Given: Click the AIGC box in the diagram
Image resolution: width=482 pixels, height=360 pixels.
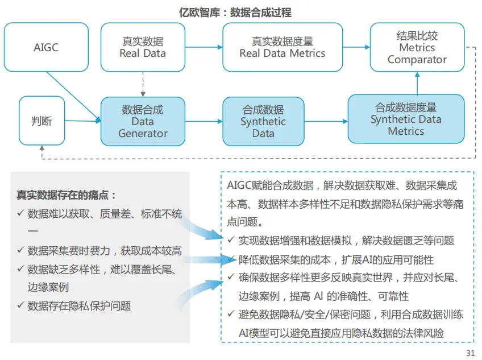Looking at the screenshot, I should pyautogui.click(x=46, y=47).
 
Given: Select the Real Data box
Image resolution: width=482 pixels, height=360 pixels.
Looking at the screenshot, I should pyautogui.click(x=143, y=47).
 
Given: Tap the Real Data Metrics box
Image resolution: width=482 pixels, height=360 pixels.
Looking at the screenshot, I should pyautogui.click(x=282, y=47).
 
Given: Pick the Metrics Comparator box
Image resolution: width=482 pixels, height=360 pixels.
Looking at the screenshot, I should pyautogui.click(x=417, y=47).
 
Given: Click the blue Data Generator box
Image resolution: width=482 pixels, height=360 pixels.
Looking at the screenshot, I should pyautogui.click(x=143, y=121).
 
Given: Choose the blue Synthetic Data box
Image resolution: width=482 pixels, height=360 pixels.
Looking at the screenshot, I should pyautogui.click(x=263, y=121).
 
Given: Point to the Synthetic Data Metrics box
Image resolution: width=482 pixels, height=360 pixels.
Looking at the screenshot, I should pyautogui.click(x=406, y=119).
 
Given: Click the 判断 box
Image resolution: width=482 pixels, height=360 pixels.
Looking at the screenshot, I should pyautogui.click(x=41, y=121).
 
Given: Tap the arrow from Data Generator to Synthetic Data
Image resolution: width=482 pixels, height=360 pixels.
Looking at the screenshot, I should pyautogui.click(x=203, y=121).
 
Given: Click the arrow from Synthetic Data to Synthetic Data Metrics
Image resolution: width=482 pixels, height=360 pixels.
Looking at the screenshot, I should pyautogui.click(x=326, y=121).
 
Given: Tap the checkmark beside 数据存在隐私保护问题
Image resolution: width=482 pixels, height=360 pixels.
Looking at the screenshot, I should pyautogui.click(x=20, y=306).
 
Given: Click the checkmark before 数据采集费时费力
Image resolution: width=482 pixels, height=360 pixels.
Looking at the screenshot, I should pyautogui.click(x=20, y=251).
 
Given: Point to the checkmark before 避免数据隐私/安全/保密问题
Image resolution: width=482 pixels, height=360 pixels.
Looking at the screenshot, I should pyautogui.click(x=231, y=314).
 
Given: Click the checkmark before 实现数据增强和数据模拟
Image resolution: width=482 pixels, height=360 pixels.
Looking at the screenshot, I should pyautogui.click(x=231, y=241).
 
